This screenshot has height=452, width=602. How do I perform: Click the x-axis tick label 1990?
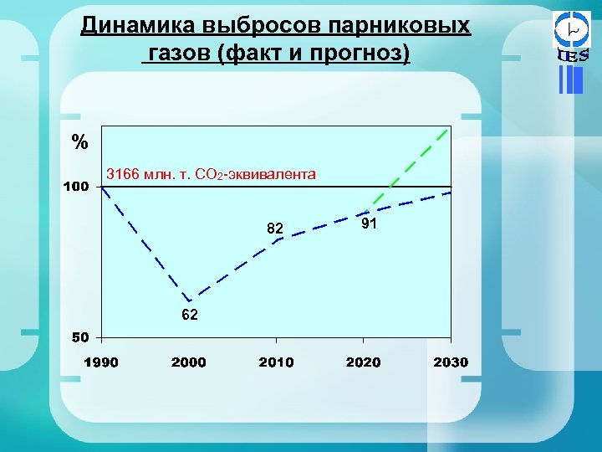click(x=99, y=362)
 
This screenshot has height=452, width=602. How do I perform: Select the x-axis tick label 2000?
click(x=188, y=362)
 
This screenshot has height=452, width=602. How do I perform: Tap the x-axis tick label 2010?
click(x=276, y=362)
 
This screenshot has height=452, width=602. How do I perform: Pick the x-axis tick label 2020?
click(x=363, y=362)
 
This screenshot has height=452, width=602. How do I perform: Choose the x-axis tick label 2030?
click(x=451, y=362)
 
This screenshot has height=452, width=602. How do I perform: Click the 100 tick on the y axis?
click(x=77, y=186)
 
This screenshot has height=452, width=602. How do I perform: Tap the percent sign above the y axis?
click(x=79, y=142)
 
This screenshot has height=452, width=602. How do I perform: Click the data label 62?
click(x=190, y=315)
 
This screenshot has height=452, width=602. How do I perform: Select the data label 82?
click(x=275, y=228)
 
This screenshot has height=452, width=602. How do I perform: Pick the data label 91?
click(x=370, y=223)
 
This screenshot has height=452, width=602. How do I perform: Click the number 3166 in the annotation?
click(x=123, y=174)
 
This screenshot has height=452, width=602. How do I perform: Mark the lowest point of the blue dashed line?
click(x=190, y=300)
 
